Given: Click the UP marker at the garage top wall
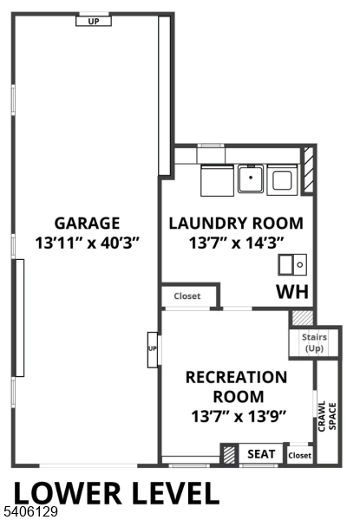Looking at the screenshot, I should (93, 20).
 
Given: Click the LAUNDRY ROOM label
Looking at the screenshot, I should (236, 223).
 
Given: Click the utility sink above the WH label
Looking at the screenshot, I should (292, 263).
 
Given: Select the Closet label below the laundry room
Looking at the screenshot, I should (187, 296).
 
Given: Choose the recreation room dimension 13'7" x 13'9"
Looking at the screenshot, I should (236, 416).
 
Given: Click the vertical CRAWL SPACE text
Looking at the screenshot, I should (325, 417).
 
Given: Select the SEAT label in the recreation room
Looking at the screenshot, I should (261, 454).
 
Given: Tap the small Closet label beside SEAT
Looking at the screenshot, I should (299, 455).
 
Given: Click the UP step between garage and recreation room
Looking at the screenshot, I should (153, 349).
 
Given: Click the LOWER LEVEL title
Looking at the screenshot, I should (115, 492).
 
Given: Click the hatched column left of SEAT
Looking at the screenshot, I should (229, 454).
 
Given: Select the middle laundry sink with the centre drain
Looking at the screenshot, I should (250, 179).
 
